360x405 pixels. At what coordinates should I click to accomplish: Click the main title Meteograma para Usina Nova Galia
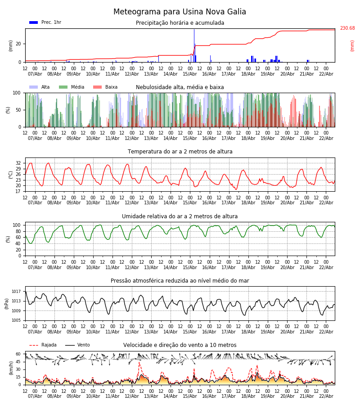tap(180, 12)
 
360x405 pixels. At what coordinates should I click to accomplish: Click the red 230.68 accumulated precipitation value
tap(347, 28)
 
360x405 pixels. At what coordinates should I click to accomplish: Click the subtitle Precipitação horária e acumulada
tap(180, 23)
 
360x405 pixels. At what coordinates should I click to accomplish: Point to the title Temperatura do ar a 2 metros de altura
tap(180, 152)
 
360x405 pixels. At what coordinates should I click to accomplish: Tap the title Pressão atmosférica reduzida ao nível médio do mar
tap(180, 281)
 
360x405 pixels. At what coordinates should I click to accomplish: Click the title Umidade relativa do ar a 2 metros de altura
tap(180, 216)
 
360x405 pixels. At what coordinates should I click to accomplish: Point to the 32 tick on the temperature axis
tap(18, 163)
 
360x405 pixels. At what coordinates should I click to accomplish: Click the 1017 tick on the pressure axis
tap(17, 292)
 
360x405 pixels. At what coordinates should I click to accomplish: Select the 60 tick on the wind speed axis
tap(18, 354)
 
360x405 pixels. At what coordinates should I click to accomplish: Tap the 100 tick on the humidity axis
tap(17, 225)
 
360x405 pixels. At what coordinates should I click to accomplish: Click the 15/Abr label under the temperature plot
tap(190, 202)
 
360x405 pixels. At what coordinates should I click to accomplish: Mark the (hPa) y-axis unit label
tap(6, 303)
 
